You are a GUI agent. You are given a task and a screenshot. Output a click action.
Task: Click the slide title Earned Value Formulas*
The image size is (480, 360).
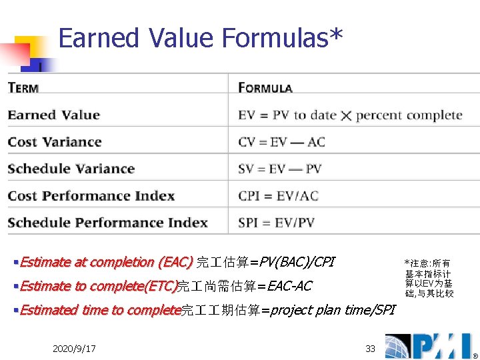pos(201,39)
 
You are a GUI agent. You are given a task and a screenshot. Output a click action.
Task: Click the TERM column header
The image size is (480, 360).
pos(23,88)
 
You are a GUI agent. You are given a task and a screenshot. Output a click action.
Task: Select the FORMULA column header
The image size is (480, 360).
pos(265,88)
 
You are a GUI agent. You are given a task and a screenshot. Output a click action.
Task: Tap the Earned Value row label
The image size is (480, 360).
pos(53,115)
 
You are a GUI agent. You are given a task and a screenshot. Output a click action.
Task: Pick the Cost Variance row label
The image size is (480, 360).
pos(55,142)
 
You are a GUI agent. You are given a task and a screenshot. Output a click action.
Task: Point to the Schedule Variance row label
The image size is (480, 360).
pos(71,169)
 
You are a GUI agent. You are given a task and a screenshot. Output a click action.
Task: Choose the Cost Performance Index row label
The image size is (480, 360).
pos(91,196)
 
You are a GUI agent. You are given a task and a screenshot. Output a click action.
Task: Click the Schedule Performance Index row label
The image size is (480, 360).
pos(107,223)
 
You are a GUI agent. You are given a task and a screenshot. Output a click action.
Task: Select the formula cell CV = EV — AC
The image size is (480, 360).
pos(281,142)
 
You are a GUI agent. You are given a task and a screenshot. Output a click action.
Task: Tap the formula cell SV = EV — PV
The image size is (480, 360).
pos(279,169)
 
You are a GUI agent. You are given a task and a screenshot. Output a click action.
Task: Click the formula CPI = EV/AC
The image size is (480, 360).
pos(278,196)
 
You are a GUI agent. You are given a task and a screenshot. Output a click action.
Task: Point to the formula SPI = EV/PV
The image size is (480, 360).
pos(276,223)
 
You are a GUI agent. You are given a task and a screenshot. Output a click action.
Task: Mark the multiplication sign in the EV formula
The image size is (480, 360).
pos(346,116)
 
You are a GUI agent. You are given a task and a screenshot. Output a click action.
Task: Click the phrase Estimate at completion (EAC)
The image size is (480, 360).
pos(106,262)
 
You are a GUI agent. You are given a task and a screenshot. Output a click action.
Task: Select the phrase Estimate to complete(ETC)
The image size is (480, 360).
pos(98,286)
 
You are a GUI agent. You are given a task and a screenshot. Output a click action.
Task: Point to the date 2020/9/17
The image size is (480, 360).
pos(73,349)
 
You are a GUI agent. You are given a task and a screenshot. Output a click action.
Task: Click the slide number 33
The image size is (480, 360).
pos(370,349)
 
